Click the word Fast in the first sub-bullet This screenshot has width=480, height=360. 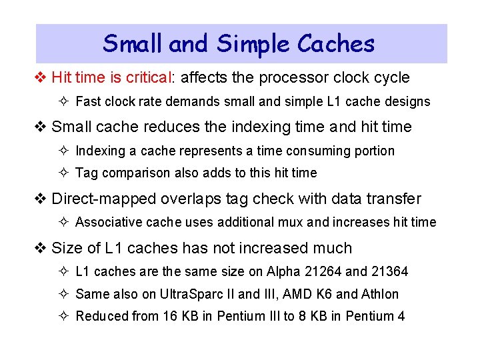[88, 102]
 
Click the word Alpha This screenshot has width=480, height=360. [283, 271]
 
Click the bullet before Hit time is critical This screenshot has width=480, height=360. [42, 78]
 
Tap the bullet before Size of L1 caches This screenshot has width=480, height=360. [42, 249]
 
